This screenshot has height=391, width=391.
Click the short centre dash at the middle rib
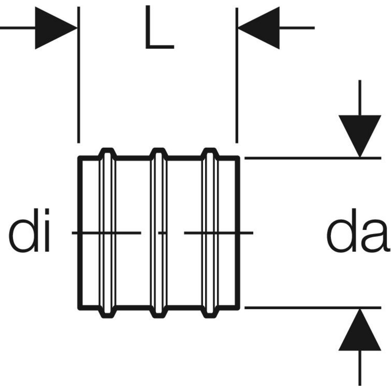click(x=162, y=233)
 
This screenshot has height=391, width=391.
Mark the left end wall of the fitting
click(x=80, y=195)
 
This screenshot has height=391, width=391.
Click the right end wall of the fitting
click(x=239, y=195)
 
